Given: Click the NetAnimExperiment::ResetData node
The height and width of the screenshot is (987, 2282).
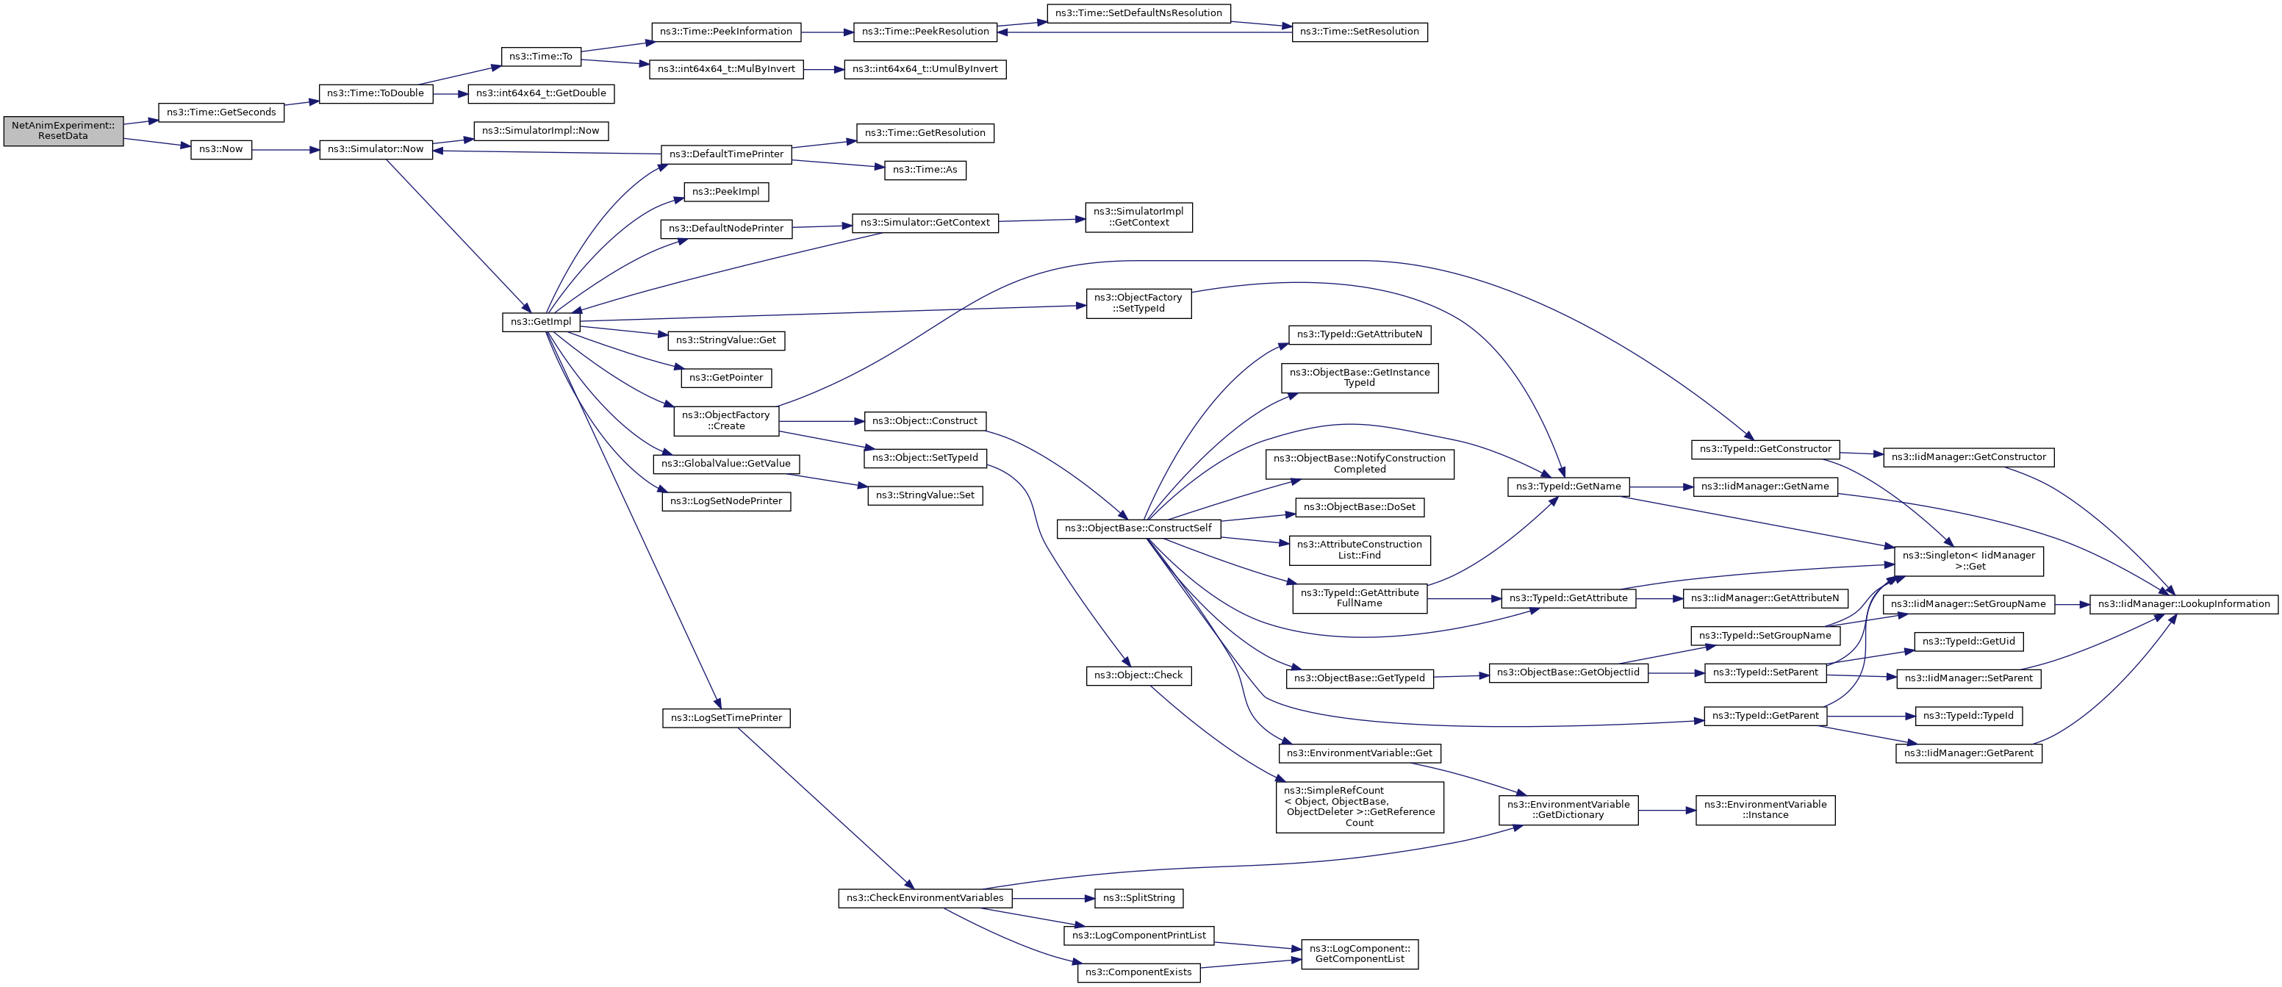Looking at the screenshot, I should [x=63, y=131].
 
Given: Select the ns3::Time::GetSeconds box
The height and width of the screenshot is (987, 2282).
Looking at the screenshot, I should [x=220, y=112].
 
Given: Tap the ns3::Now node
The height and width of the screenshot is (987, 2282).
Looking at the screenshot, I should [x=220, y=150].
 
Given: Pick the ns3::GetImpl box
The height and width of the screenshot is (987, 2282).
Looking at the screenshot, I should [x=540, y=322].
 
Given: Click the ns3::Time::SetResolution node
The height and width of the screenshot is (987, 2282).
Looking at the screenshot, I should [x=1359, y=32].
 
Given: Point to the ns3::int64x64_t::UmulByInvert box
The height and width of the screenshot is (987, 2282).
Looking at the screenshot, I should [x=925, y=69].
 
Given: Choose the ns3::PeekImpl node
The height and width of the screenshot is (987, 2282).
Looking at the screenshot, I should [x=725, y=191].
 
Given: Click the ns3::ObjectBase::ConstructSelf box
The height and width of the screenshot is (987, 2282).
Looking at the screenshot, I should [x=1138, y=529].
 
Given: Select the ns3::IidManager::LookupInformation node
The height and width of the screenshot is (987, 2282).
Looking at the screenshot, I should [x=2183, y=604].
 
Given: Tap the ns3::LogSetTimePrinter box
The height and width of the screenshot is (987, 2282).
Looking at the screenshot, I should [x=725, y=718].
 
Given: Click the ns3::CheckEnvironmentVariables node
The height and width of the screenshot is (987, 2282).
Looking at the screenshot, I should [x=925, y=898].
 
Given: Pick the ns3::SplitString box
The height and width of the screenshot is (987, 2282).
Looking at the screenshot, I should [x=1138, y=898].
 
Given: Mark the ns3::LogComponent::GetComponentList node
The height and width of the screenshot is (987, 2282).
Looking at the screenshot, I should [x=1359, y=954].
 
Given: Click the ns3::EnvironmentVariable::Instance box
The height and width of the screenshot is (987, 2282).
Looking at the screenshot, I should [x=1765, y=810].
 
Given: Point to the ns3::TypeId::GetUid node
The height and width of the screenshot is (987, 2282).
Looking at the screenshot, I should [x=1968, y=642].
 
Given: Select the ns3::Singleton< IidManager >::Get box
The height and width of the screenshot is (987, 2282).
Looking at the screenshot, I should [x=1968, y=561].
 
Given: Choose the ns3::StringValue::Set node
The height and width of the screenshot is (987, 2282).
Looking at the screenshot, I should [x=925, y=495].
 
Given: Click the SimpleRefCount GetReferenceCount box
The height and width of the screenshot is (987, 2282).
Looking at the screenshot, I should [x=1359, y=806].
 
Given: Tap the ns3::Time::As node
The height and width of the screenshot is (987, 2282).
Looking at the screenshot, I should [x=925, y=170].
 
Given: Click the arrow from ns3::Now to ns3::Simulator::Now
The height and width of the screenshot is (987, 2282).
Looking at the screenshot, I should [x=285, y=150].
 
